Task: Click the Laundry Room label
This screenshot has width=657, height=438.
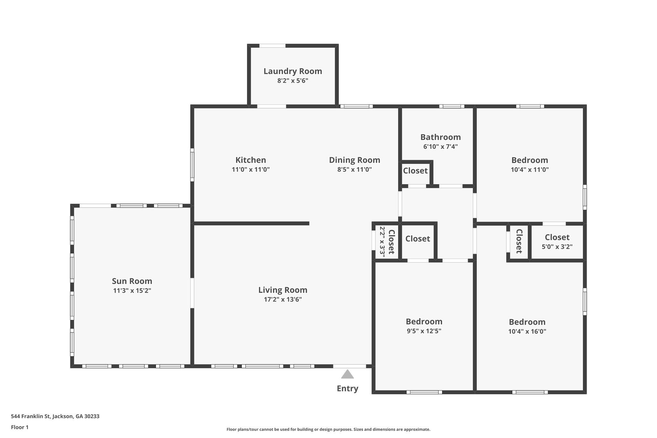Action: coord(293,71)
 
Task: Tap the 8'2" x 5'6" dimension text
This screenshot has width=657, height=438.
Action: coord(293,81)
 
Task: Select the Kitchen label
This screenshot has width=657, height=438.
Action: coord(251,160)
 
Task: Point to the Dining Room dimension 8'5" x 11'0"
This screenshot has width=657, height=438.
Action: coord(354,169)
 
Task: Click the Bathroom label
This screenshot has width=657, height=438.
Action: coord(440,137)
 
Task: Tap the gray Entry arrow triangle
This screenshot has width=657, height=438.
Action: coord(347,374)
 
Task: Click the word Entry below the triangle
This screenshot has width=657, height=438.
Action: coord(347,389)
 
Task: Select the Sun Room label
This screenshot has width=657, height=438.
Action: coord(132,281)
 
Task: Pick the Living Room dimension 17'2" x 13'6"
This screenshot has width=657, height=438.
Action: coord(283,299)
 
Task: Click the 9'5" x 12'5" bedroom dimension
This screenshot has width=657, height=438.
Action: coord(424,331)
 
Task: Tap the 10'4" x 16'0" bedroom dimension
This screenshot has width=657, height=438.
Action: coord(527,331)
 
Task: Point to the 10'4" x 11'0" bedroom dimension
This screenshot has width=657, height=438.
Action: coord(530,169)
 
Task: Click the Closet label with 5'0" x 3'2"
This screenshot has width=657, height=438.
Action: coord(557,237)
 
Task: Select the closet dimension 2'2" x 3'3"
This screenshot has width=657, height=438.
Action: coord(382,240)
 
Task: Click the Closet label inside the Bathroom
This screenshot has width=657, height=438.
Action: coord(415,171)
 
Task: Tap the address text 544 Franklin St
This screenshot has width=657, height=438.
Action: coord(55,417)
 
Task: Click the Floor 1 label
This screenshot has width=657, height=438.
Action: coord(20,427)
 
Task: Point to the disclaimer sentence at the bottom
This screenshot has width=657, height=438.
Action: coord(328,429)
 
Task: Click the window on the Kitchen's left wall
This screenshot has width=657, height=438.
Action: coord(192,165)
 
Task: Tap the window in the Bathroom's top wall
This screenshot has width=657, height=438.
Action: coord(452,106)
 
